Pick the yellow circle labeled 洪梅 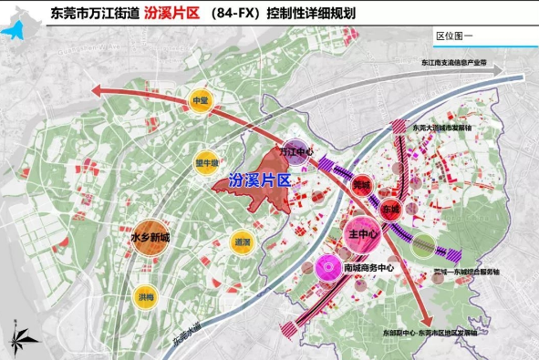(x=147, y=295)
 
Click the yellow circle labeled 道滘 (x=242, y=243)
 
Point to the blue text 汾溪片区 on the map (x=260, y=181)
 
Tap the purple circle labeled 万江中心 (x=295, y=149)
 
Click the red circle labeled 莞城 (x=362, y=186)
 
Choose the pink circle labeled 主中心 (x=364, y=234)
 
